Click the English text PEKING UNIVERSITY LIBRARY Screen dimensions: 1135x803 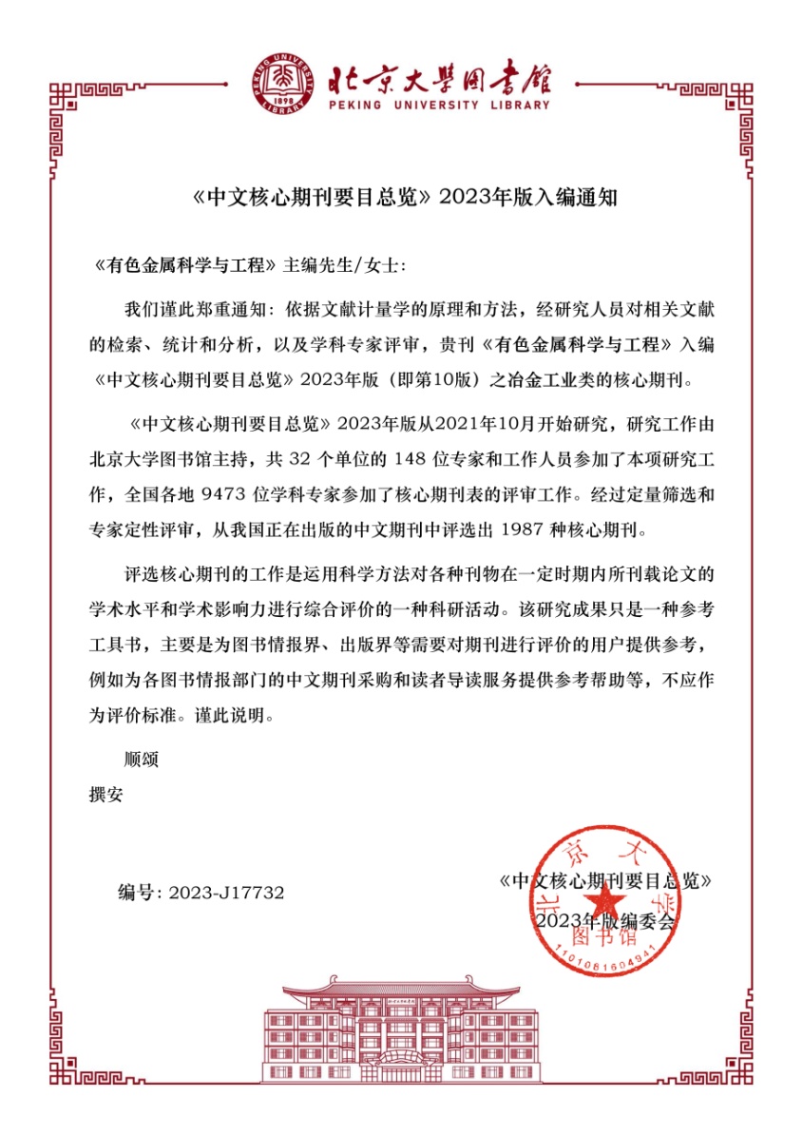439,105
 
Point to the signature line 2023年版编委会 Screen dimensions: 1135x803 604,922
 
